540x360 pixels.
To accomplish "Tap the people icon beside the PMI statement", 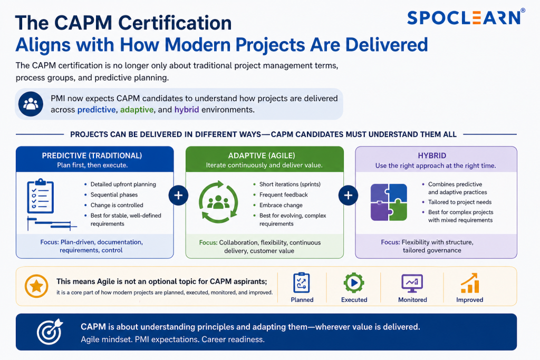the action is pos(31,104).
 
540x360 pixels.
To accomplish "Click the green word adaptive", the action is pos(137,110).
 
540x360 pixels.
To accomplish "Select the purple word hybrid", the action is pos(187,110).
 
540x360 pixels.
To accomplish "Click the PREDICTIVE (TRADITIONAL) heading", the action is pos(92,155).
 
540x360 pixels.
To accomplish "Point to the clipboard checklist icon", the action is pos(40,196).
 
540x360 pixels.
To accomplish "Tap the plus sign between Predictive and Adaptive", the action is pos(178,196).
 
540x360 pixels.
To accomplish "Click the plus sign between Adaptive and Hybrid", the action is pos(348,196).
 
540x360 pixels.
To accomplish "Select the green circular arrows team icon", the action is pos(218,202).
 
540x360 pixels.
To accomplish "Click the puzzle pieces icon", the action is pos(389,202).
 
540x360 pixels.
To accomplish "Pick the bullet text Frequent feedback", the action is pos(283,195).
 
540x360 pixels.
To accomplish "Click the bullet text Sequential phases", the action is pos(114,195).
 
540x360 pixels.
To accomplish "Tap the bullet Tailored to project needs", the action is pos(460,202).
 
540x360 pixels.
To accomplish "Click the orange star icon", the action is pos(36,286).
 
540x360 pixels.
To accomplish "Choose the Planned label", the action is pos(302,300).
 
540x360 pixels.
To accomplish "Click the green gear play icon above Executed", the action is pos(354,283).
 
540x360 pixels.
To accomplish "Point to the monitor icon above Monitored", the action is pos(412,283).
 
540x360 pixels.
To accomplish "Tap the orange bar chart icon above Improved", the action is pos(470,283).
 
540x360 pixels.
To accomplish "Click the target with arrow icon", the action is pos(50,332).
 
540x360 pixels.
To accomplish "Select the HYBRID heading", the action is pos(432,155).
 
